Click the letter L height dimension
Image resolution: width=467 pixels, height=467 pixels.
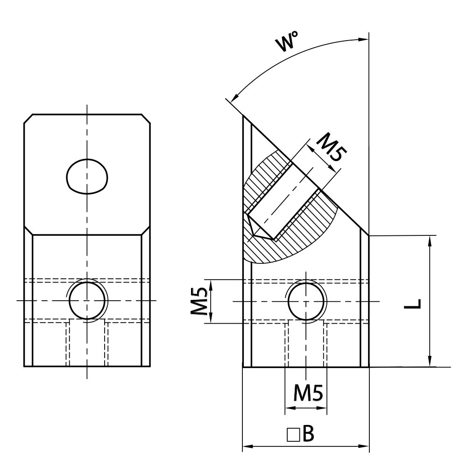417,303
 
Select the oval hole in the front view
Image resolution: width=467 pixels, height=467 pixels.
87,177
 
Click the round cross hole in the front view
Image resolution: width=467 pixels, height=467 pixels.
87,300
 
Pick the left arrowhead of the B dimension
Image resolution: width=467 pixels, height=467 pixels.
246,446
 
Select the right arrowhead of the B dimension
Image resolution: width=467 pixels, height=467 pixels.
365,446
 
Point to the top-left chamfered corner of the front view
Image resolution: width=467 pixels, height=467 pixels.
28,119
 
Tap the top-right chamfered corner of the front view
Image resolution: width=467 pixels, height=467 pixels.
146,119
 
